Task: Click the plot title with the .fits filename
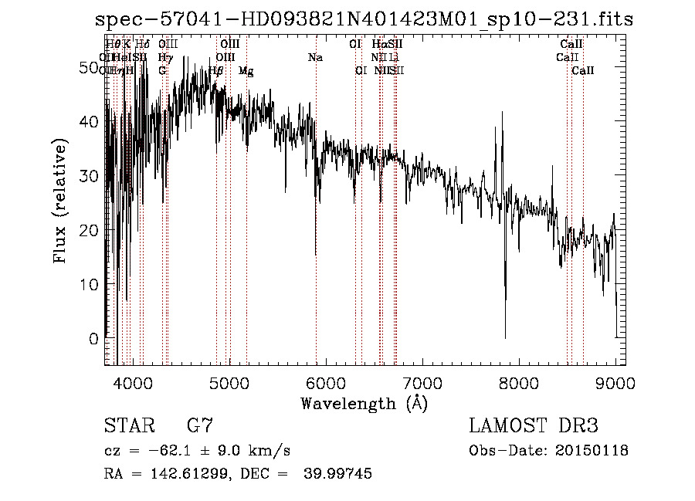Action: coord(364,19)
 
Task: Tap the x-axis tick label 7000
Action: coord(422,382)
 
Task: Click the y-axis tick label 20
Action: coord(91,230)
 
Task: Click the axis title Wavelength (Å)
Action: coord(364,403)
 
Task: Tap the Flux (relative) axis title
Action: coord(59,201)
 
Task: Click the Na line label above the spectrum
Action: coord(315,58)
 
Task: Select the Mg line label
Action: coord(246,71)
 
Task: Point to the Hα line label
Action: coord(378,45)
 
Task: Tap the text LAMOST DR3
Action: coord(534,425)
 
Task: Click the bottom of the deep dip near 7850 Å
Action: coord(505,337)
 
